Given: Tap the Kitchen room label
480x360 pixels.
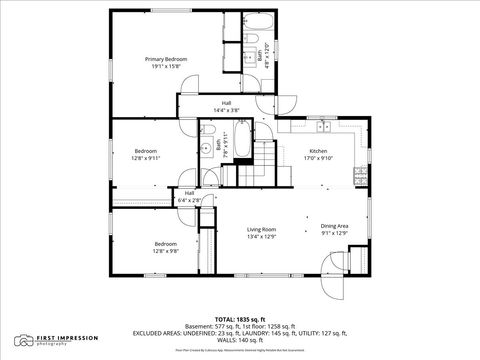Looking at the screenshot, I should [x=318, y=151].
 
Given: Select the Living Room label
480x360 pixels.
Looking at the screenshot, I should [x=261, y=230].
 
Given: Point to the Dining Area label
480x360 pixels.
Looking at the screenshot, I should [x=334, y=226].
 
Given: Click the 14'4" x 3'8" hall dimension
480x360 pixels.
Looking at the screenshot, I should [x=227, y=110].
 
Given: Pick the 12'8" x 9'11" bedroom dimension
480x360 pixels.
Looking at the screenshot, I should [x=146, y=158].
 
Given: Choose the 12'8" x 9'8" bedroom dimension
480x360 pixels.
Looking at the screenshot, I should [x=165, y=251].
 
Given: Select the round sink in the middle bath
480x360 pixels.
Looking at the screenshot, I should [x=205, y=147].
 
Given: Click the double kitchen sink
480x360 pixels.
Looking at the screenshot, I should [x=322, y=126].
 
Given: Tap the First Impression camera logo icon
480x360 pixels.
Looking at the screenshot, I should [x=21, y=341].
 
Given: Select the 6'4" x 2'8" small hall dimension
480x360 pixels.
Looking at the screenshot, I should [x=189, y=201].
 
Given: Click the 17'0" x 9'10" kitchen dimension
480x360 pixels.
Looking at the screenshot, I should [x=318, y=158].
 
